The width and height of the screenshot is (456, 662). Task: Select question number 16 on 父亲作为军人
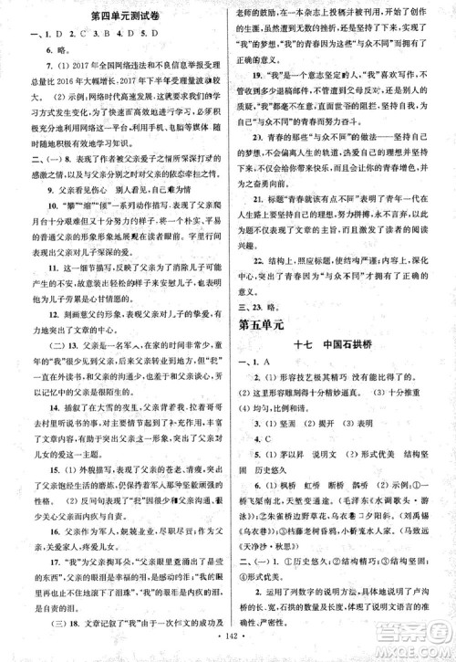(x=38, y=531)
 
